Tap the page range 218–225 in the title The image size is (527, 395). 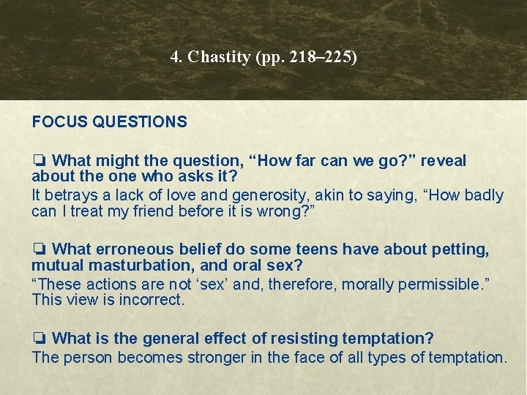[322, 57]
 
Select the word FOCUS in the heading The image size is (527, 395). [59, 122]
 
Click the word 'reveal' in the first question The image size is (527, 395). [442, 161]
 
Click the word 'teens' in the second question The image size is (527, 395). [316, 250]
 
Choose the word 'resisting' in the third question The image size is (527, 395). [301, 339]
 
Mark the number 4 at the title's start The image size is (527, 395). [174, 57]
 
